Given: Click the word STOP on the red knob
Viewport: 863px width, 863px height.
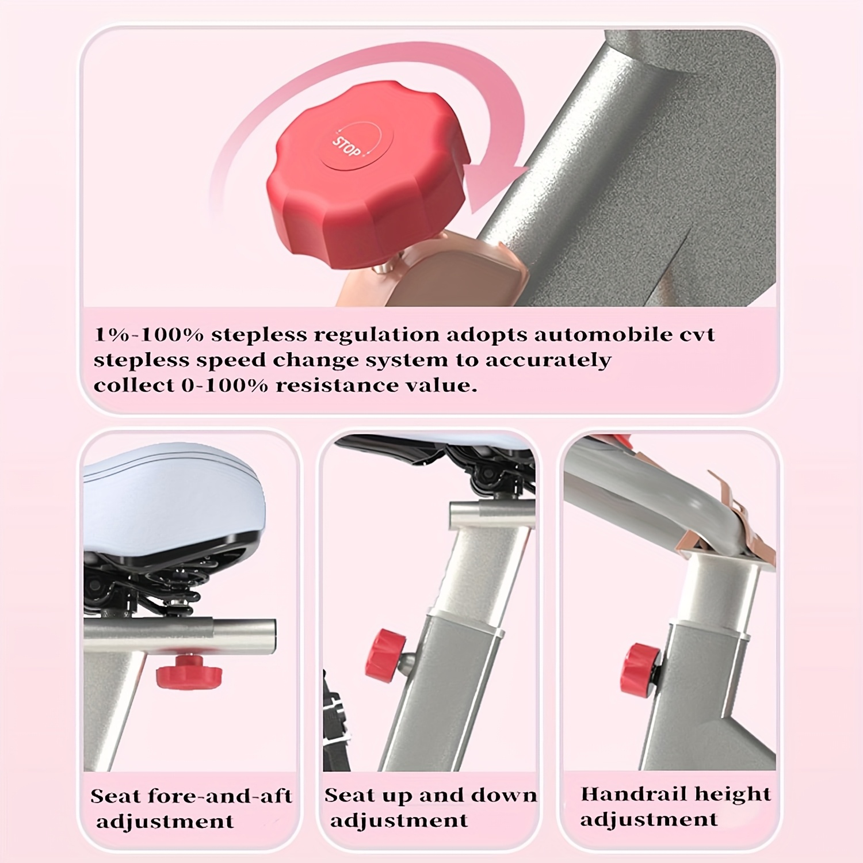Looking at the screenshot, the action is (x=348, y=147).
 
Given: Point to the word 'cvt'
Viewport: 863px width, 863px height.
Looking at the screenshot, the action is (x=697, y=335).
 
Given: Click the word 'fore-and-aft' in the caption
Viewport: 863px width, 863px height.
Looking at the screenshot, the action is (x=220, y=796).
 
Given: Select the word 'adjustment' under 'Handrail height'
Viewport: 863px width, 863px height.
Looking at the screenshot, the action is (x=649, y=820).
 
